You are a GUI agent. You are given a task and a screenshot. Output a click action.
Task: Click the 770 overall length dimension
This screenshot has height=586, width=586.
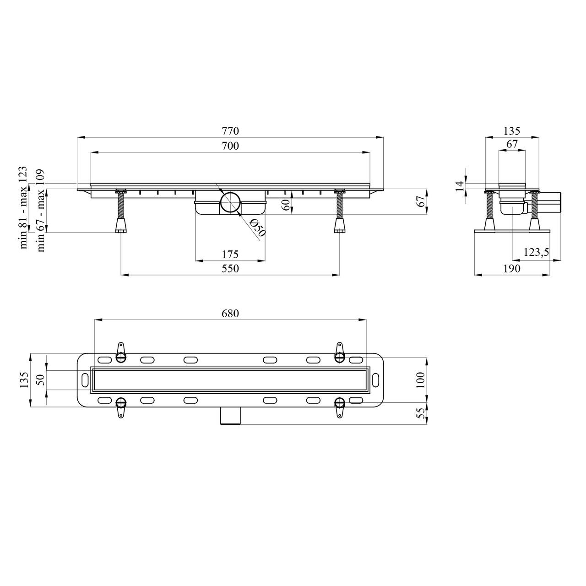tap(230, 131)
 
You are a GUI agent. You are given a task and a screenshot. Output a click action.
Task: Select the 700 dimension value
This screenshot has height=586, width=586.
tap(230, 146)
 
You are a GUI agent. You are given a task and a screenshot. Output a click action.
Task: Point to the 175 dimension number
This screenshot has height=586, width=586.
tap(230, 254)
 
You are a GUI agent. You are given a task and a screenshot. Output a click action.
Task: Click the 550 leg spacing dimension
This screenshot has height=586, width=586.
tap(230, 269)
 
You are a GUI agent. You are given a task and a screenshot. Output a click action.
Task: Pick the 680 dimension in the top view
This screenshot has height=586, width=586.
tap(230, 314)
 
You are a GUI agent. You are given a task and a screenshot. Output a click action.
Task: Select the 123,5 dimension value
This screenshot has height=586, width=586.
tap(536, 252)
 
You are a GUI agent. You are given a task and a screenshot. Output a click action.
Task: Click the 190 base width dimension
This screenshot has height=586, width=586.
tap(512, 269)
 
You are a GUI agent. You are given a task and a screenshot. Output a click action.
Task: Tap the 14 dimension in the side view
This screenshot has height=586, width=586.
tap(460, 185)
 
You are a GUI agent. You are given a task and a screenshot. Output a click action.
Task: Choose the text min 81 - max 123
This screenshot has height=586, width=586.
tap(24, 208)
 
